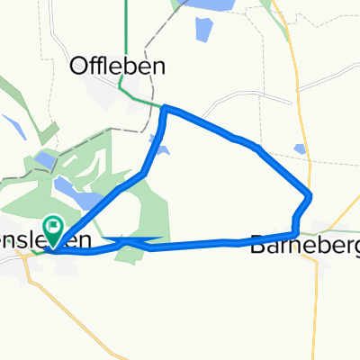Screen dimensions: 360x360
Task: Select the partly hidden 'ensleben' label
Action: [45, 240]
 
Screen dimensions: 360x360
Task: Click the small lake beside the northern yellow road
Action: [300, 149]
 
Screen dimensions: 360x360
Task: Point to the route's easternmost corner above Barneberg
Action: [310, 195]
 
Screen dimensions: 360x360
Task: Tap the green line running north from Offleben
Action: [126, 36]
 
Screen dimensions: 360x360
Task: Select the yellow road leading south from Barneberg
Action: [317, 297]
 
